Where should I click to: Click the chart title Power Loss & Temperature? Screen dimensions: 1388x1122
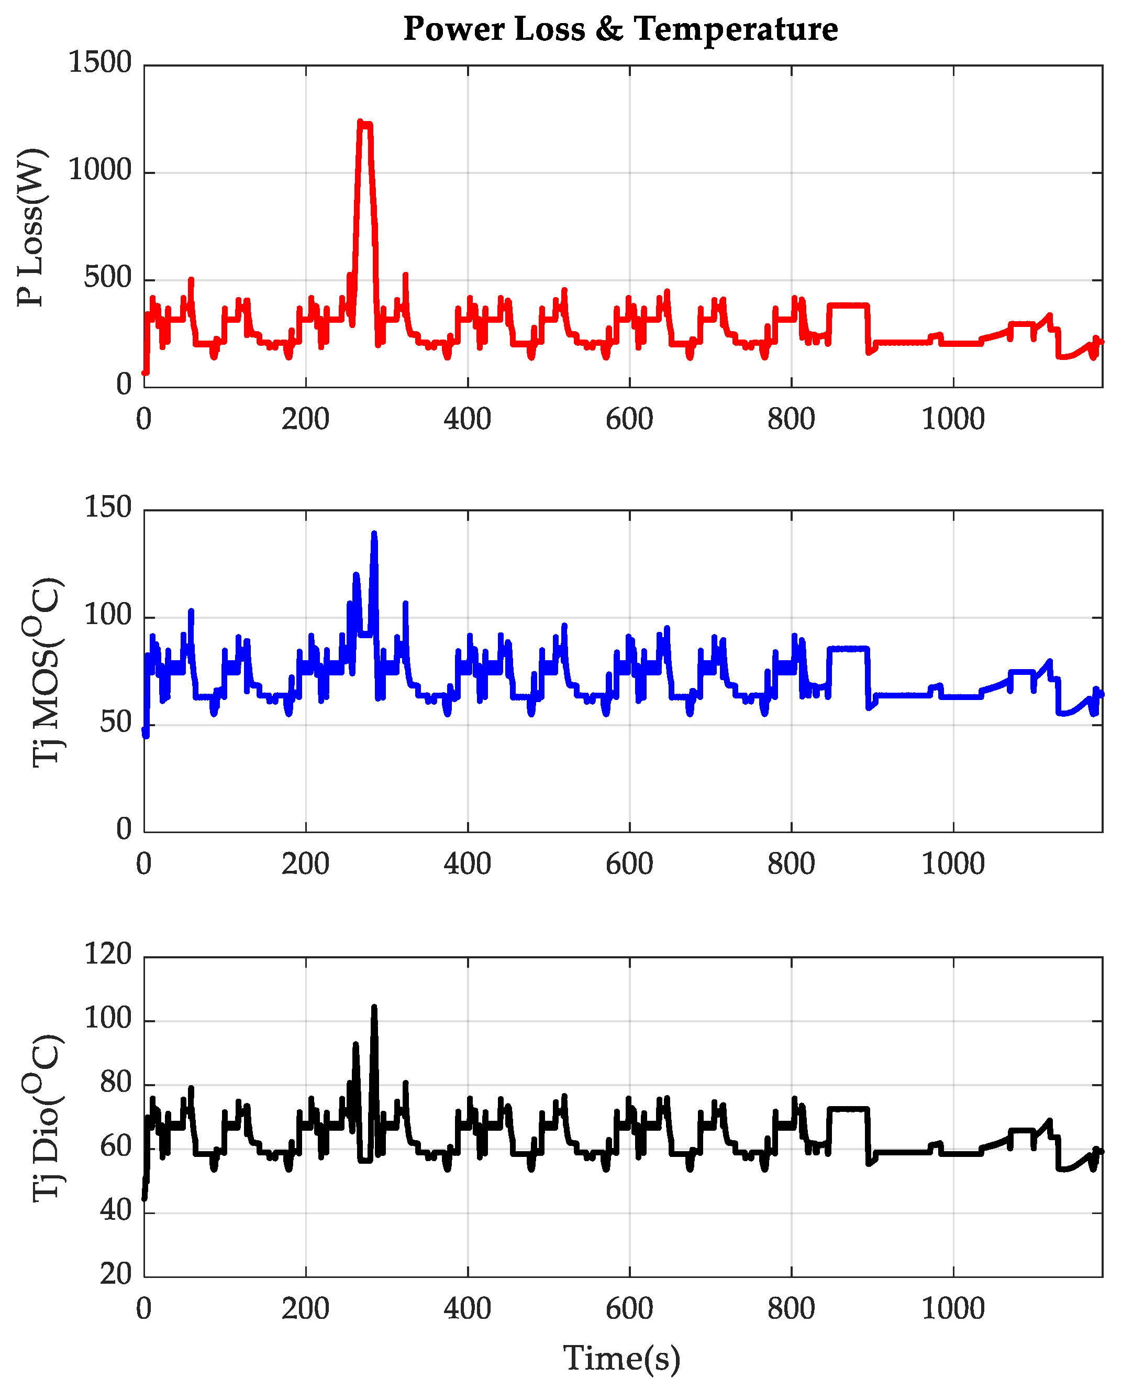(620, 29)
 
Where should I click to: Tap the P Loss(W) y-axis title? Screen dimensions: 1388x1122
(31, 228)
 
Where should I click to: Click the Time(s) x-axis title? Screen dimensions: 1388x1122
(622, 1357)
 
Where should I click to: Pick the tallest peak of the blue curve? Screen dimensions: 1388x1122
(374, 534)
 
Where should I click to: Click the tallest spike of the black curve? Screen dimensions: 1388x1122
(374, 1008)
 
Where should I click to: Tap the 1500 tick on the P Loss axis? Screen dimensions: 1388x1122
(100, 63)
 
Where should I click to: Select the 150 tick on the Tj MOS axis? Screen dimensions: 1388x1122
(108, 508)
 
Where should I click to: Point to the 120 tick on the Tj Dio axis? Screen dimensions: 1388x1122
(108, 954)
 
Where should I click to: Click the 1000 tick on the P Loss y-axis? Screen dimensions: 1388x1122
(100, 171)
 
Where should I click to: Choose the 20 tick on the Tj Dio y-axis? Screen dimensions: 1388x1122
(116, 1274)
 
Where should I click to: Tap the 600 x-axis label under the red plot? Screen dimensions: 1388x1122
(629, 419)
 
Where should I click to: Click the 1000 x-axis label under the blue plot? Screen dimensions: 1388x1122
(953, 864)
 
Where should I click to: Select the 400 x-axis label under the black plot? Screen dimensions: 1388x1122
(468, 1308)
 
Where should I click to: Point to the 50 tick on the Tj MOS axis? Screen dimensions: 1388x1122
(116, 723)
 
